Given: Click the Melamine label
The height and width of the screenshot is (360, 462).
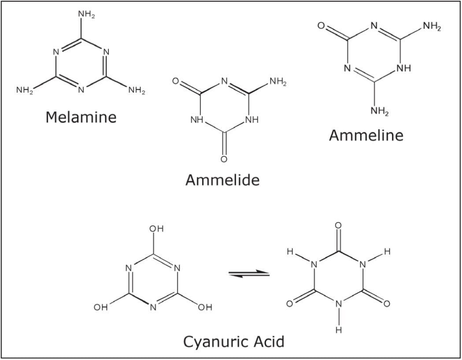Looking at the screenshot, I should pos(81,117).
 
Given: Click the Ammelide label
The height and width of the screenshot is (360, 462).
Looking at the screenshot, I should pos(222,180).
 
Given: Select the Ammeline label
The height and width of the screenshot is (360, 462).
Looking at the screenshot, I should pos(366,135).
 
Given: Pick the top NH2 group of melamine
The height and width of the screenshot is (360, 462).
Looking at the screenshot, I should pos(86,15).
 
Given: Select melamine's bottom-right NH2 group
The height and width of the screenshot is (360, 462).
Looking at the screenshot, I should pos(137,91).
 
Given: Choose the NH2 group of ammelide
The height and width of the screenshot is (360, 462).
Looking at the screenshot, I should pos(278,82).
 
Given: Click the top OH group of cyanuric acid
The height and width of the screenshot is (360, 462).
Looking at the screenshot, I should pos(156,229).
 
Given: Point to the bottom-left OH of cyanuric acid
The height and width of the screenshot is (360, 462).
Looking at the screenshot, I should pos(101,308).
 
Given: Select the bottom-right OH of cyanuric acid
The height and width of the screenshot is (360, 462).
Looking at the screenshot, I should pos(204,308).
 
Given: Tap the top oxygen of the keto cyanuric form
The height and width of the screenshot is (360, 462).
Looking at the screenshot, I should pos(338,226).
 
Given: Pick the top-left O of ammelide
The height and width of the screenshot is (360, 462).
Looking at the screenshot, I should pos(176,82).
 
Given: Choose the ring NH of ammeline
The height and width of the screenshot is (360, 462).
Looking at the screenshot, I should pos(404,69).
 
